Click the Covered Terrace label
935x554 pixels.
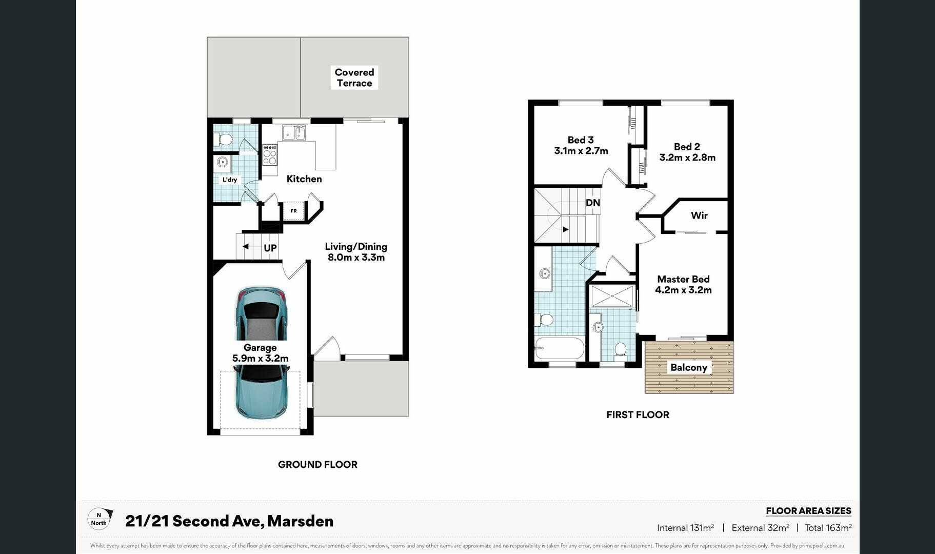[354, 77]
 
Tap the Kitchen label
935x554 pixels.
[304, 179]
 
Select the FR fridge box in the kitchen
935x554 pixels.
[293, 211]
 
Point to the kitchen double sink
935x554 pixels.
[293, 132]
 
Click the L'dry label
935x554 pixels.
[230, 180]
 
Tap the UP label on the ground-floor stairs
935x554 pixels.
[270, 248]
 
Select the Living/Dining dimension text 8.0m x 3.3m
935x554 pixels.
[356, 258]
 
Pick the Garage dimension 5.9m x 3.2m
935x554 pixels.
[260, 359]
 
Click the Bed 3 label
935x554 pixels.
[581, 140]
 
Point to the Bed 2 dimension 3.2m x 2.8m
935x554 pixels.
[687, 157]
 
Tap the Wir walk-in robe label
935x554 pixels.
[699, 215]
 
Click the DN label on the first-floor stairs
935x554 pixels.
[593, 203]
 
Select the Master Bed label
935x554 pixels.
[683, 279]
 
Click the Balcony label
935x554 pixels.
[689, 367]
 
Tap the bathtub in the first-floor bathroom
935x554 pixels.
[560, 348]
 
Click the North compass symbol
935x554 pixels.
[98, 519]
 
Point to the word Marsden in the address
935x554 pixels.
[300, 521]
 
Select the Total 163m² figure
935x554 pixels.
[828, 527]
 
